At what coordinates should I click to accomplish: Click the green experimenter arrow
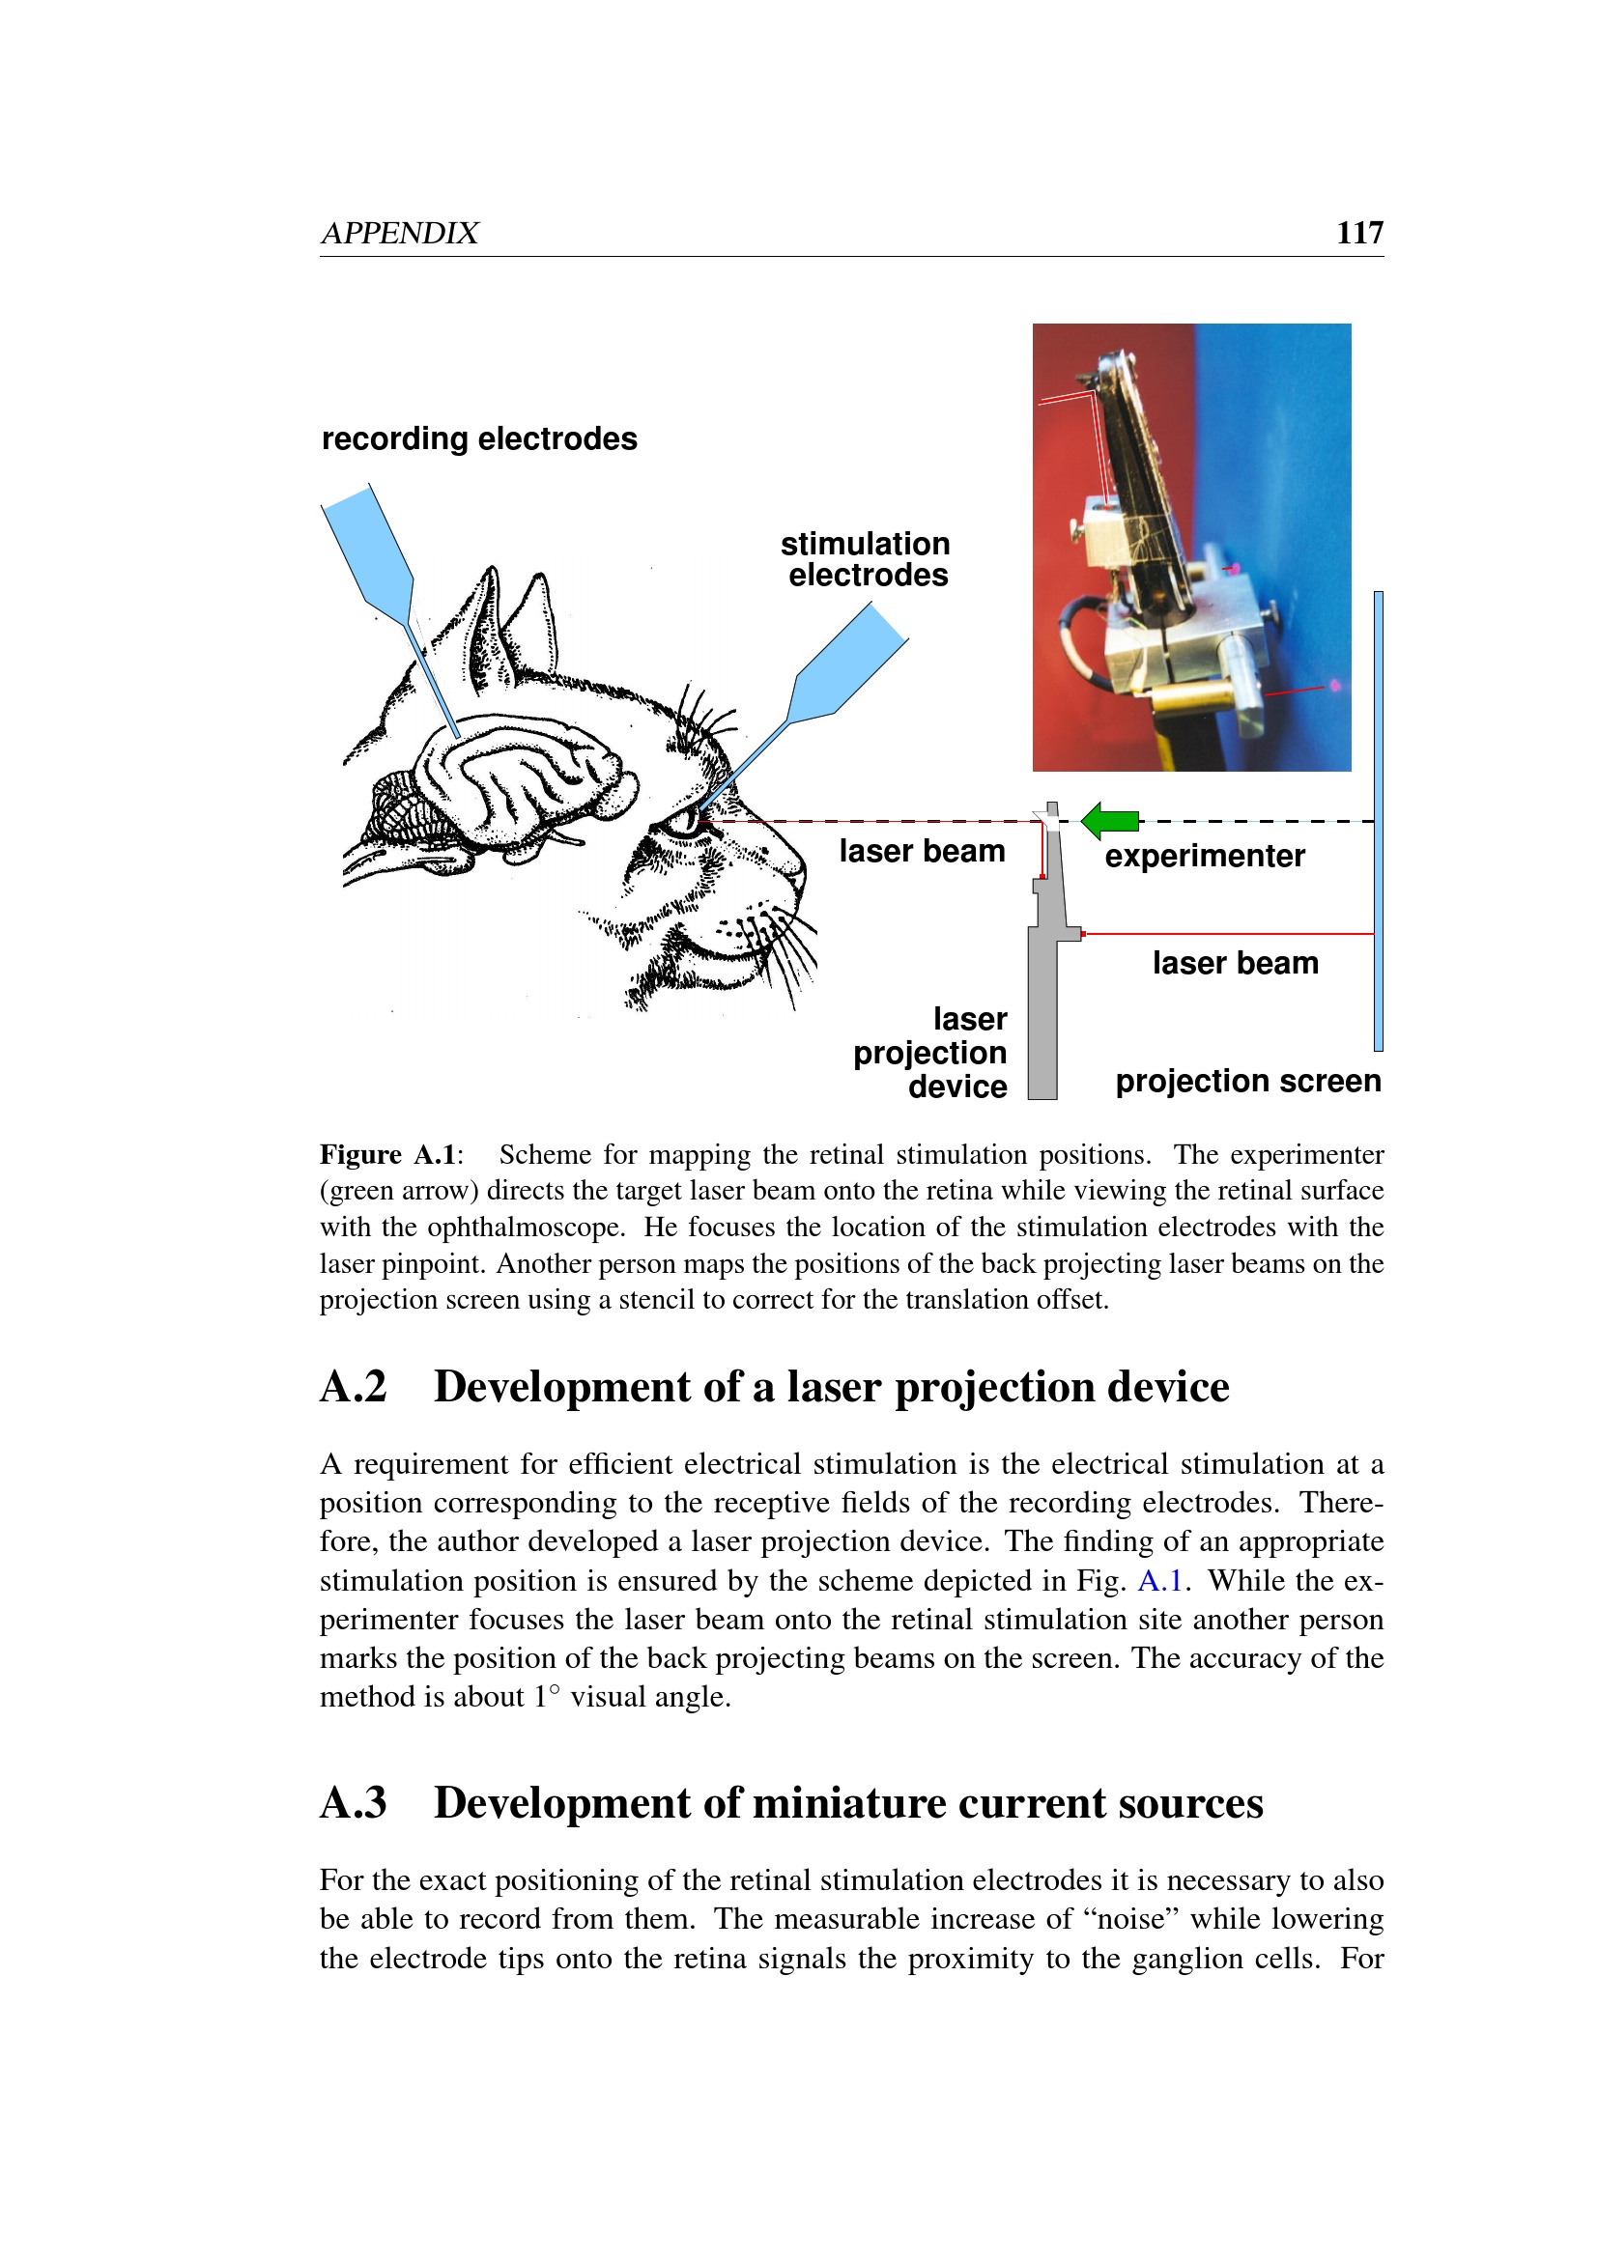point(1110,820)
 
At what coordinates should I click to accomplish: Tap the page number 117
point(1359,232)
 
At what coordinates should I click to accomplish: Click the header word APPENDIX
point(400,233)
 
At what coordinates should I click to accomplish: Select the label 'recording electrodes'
point(479,438)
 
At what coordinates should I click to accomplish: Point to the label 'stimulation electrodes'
point(866,559)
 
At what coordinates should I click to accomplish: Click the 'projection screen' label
point(1247,1082)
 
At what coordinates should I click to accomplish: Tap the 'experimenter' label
point(1205,856)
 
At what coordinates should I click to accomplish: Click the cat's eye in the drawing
point(679,821)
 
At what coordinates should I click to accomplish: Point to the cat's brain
point(522,777)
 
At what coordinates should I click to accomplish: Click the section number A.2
point(354,1387)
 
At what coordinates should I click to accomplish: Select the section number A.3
point(354,1803)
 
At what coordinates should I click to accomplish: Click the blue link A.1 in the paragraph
point(1159,1581)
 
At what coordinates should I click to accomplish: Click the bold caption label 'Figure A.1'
point(387,1154)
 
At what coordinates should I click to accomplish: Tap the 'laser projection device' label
point(930,1053)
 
